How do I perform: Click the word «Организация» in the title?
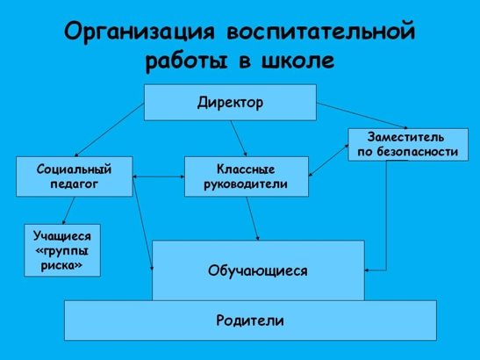pyautogui.click(x=140, y=32)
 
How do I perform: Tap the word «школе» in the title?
pyautogui.click(x=297, y=60)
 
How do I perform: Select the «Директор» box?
pyautogui.click(x=230, y=103)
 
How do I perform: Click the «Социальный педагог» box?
pyautogui.click(x=75, y=176)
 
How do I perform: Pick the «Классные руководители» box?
pyautogui.click(x=247, y=176)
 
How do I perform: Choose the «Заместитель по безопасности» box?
pyautogui.click(x=408, y=145)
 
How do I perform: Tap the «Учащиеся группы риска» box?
pyautogui.click(x=62, y=250)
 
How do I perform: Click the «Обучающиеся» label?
pyautogui.click(x=258, y=270)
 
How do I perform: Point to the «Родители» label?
pyautogui.click(x=250, y=320)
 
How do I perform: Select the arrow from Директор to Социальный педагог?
pyautogui.click(x=110, y=130)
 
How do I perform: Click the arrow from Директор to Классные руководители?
pyautogui.click(x=239, y=139)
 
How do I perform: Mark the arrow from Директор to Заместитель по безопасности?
pyautogui.click(x=362, y=116)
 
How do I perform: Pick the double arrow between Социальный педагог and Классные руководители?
pyautogui.click(x=159, y=176)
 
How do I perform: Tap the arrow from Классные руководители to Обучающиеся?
pyautogui.click(x=253, y=219)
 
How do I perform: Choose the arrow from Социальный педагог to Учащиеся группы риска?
pyautogui.click(x=68, y=211)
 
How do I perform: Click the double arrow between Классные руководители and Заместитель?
pyautogui.click(x=328, y=161)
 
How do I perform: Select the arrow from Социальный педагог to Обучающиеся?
pyautogui.click(x=143, y=224)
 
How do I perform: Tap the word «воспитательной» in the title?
pyautogui.click(x=321, y=32)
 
